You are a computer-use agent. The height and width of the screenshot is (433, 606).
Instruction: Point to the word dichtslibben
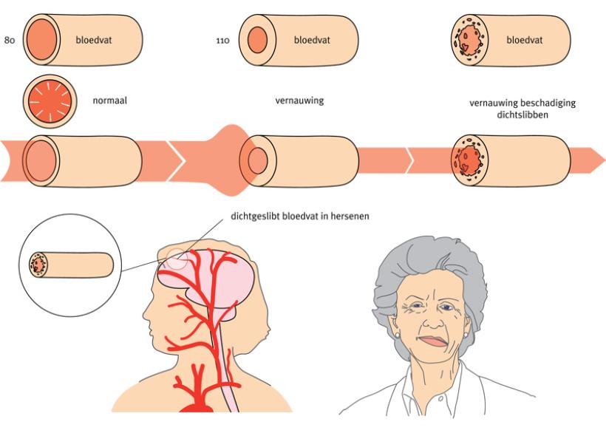[522, 115]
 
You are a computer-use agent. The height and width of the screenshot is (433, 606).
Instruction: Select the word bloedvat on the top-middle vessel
[311, 40]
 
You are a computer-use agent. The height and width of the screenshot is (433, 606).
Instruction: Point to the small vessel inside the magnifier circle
[70, 264]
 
